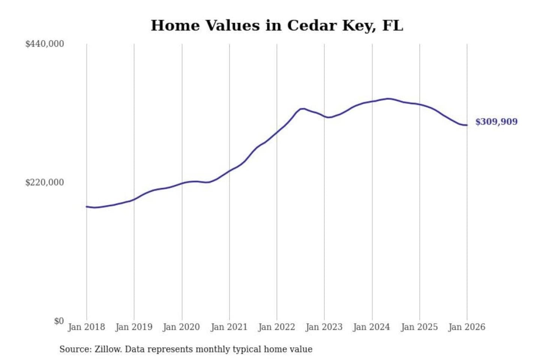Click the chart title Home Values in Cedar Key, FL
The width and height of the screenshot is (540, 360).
(277, 25)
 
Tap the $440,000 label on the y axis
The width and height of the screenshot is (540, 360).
(44, 44)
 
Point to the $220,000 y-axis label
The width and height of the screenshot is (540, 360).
(44, 183)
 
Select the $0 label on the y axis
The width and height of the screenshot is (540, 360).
(59, 321)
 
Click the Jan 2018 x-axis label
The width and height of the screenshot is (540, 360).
(86, 327)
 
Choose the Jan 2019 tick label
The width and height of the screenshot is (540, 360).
(134, 327)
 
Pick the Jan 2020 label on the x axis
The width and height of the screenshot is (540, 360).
(181, 327)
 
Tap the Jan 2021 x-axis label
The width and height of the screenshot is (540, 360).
(229, 327)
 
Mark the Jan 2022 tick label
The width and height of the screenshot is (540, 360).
(277, 327)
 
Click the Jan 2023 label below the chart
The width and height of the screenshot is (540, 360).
(324, 327)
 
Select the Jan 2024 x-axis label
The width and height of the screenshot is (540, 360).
(372, 327)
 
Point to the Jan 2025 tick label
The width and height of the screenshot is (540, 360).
(419, 327)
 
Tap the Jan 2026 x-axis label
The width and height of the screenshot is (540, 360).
(467, 327)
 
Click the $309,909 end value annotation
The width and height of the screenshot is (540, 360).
(496, 121)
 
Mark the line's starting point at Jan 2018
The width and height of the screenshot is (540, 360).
(87, 206)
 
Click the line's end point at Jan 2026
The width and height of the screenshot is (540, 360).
(467, 125)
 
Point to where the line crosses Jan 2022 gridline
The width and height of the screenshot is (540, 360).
(277, 132)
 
